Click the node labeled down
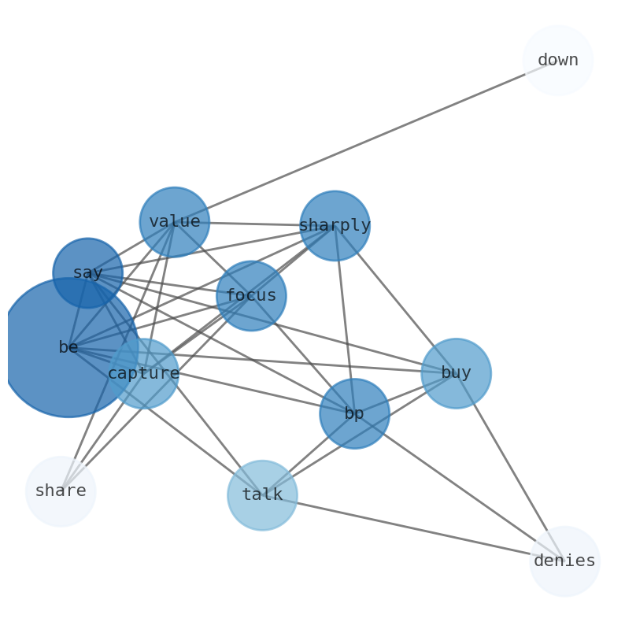[557, 61]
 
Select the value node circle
[174, 222]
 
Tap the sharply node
[335, 226]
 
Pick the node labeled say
[87, 273]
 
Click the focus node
[251, 296]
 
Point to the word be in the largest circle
[68, 347]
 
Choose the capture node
[143, 374]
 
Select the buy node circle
[456, 373]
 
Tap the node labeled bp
[354, 414]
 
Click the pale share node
[61, 491]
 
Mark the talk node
[262, 495]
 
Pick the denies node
[564, 561]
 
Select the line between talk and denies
[409, 528]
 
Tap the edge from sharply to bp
[345, 319]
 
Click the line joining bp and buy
[405, 394]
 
